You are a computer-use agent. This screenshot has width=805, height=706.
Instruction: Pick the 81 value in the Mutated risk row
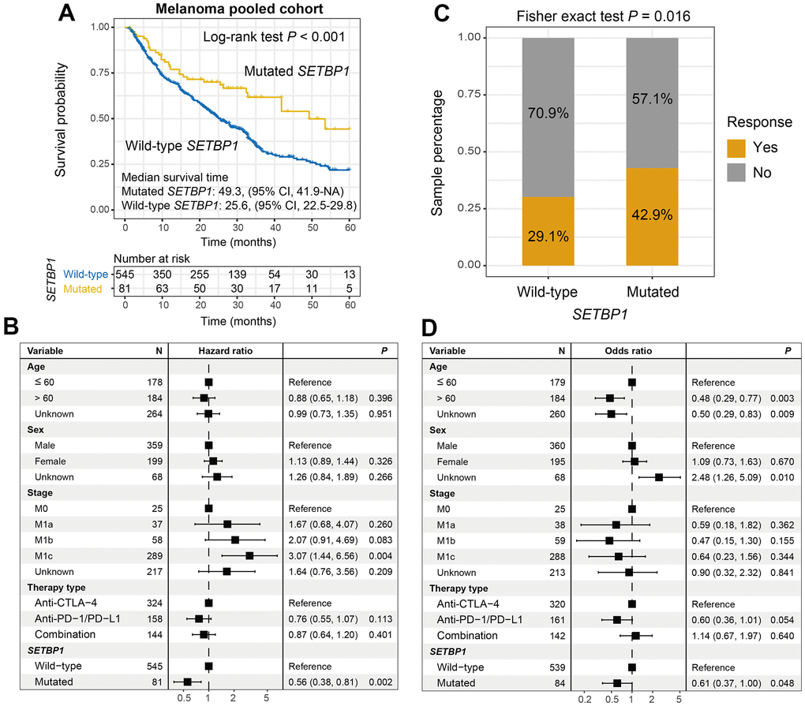click(x=125, y=289)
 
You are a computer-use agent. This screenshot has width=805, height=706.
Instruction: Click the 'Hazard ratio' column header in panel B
click(x=225, y=350)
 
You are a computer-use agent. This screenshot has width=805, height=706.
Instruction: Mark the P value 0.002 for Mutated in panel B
click(x=384, y=682)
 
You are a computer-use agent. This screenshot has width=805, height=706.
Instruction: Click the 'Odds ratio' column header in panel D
click(x=627, y=350)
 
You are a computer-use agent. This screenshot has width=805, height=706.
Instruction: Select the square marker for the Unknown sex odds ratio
click(x=658, y=477)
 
